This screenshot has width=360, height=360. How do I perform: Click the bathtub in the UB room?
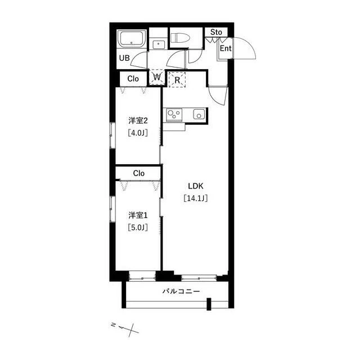[x=132, y=39]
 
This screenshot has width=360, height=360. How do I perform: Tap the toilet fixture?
[x=181, y=38]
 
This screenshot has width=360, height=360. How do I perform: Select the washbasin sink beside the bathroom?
[x=159, y=44]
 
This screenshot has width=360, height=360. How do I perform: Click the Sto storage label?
[x=216, y=32]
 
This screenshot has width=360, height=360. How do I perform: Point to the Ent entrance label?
[x=226, y=48]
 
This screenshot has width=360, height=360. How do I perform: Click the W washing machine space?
[x=157, y=77]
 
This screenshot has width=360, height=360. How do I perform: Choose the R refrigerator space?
[x=177, y=80]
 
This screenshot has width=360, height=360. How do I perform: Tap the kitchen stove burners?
[x=174, y=115]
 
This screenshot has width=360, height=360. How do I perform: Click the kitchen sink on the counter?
[x=199, y=114]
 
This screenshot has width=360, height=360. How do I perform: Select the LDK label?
[x=196, y=186]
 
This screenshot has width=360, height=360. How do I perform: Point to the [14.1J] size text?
[x=196, y=198]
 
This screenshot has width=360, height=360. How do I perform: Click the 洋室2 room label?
[x=138, y=120]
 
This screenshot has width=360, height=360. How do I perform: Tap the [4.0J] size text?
[x=138, y=133]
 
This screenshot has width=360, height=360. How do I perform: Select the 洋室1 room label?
[x=138, y=215]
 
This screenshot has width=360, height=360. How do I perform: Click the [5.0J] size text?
[x=138, y=227]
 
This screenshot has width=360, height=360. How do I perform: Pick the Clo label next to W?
[x=133, y=79]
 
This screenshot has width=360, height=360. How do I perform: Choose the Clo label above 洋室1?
[x=139, y=173]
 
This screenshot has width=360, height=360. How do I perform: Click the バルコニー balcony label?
[x=181, y=291]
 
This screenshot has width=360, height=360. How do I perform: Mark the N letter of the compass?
[x=113, y=325]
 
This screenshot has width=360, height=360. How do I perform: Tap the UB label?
[x=124, y=58]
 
